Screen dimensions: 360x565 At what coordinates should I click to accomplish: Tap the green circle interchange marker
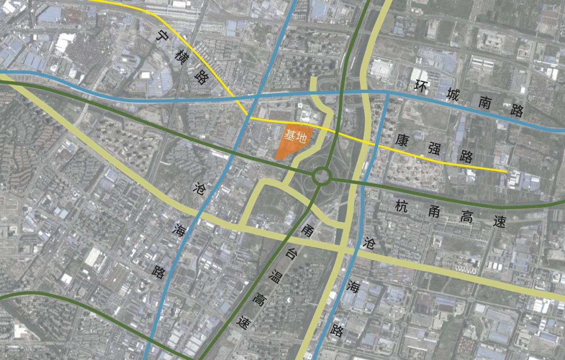322,176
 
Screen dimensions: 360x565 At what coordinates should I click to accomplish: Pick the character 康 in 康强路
401,140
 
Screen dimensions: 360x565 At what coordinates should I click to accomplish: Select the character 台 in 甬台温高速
290,254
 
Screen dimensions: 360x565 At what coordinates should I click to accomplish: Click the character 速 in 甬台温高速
241,323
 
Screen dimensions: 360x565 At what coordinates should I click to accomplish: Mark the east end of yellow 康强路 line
506,171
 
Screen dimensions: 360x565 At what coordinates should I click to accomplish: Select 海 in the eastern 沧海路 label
352,286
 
